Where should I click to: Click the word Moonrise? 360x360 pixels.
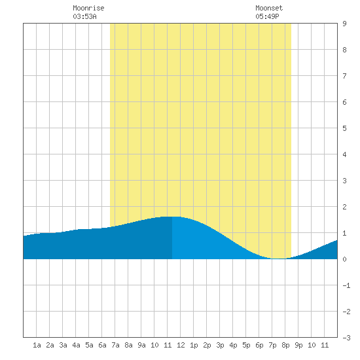point(88,8)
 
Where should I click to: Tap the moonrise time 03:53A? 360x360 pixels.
point(84,16)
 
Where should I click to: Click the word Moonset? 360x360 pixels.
point(269,8)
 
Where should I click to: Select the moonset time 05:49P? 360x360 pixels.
point(267,16)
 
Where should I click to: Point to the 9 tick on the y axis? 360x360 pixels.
point(344,24)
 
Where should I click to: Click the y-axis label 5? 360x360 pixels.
point(344,128)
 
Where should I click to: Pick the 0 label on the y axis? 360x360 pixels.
point(344,259)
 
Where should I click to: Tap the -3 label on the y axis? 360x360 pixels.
point(346,338)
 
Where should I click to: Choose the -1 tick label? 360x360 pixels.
point(346,285)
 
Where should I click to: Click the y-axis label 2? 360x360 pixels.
point(344,207)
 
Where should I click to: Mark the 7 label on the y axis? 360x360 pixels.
point(344,76)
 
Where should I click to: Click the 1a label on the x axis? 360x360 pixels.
point(37,345)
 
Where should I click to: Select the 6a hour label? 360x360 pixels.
point(102,345)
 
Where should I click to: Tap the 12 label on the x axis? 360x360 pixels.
point(181,345)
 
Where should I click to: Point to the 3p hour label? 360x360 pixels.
point(220,345)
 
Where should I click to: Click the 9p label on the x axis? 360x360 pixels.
point(298,345)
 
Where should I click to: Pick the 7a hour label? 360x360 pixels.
point(115,345)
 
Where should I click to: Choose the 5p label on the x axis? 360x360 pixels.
point(246,345)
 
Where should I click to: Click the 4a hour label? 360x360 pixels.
point(76,345)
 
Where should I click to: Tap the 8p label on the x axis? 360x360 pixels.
point(285,345)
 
